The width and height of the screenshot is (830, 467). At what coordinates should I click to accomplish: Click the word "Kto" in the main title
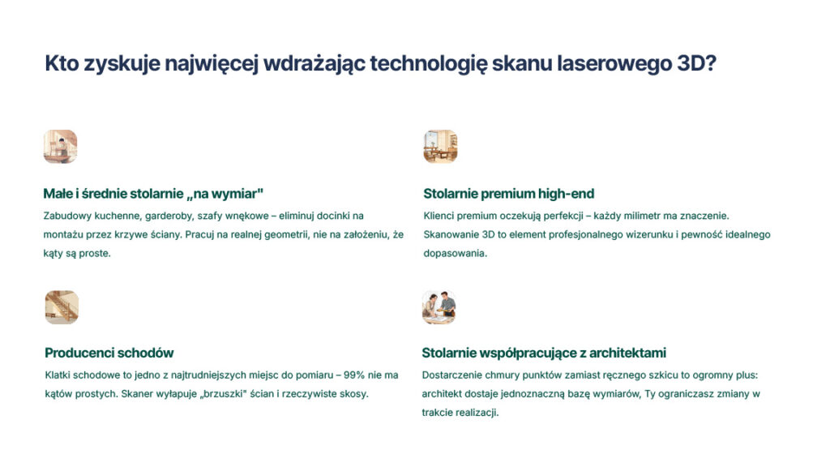pos(62,63)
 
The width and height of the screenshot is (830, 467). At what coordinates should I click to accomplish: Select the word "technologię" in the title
pos(428,63)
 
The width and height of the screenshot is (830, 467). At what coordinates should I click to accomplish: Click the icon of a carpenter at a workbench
pos(60,147)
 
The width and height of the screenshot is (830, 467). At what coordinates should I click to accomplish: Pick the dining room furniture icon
pos(440,147)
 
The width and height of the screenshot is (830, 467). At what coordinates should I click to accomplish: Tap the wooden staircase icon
pos(62,307)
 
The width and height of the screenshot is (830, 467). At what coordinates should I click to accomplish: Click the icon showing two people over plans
pos(439,307)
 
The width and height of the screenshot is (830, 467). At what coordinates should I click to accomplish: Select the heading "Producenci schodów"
pos(109,353)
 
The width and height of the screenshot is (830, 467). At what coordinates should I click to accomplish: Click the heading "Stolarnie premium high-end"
pos(509,194)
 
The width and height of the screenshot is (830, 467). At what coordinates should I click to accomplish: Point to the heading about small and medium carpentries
pos(153,194)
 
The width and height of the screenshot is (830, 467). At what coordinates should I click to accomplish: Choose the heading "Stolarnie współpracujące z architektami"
pos(544,353)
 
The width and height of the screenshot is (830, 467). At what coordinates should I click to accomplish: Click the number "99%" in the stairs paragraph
pos(354,375)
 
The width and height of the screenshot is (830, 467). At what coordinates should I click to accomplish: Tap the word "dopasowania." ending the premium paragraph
pos(455,254)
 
